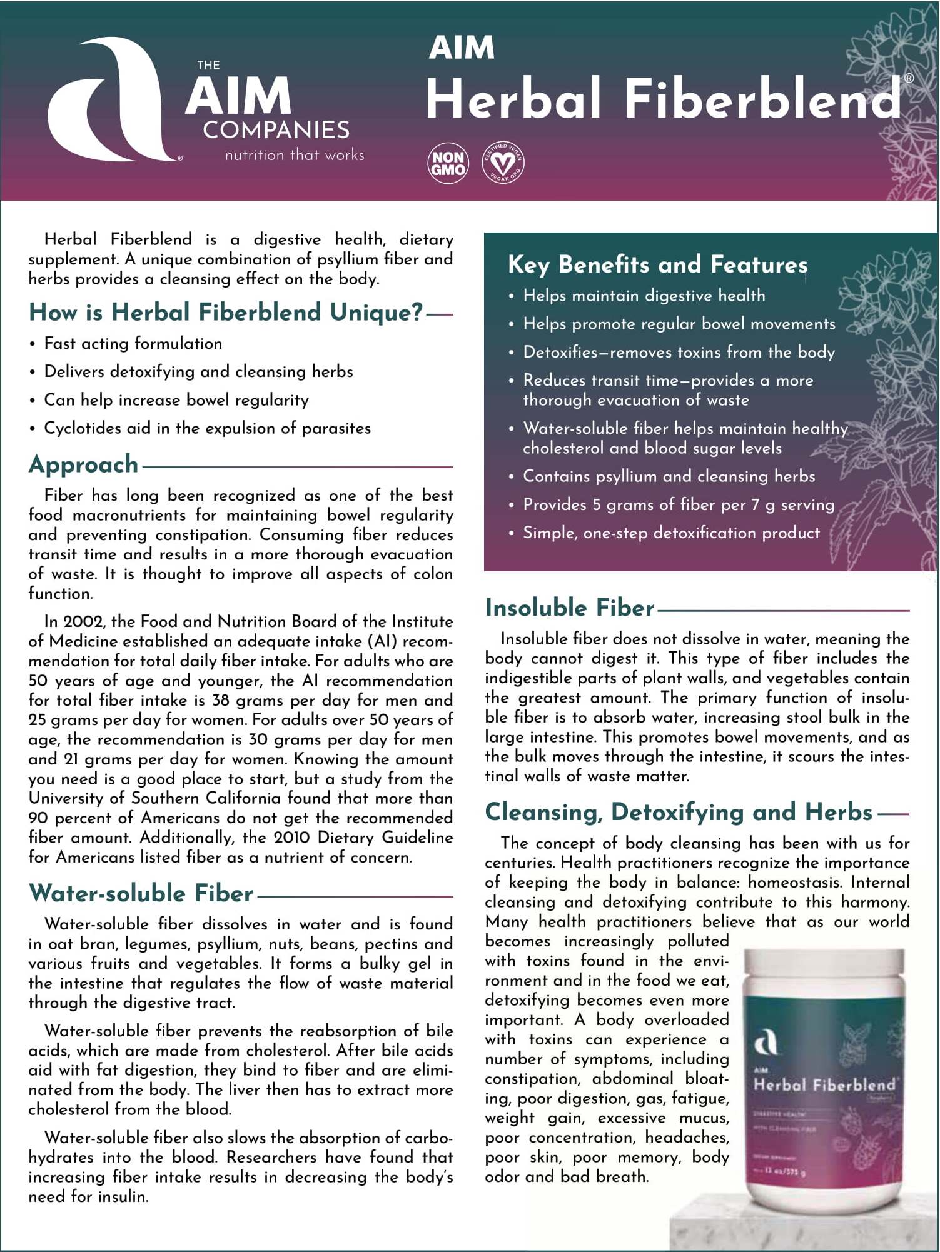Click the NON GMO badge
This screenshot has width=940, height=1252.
[448, 163]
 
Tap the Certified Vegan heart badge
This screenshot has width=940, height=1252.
[503, 163]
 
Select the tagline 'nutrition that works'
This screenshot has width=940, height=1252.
[295, 155]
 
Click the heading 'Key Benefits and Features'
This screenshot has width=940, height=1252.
[657, 264]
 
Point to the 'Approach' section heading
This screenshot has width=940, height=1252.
[83, 464]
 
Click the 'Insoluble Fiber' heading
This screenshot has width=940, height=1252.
[570, 608]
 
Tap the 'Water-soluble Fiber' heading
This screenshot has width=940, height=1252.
[141, 893]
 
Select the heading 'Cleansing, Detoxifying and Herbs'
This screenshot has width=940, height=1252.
[679, 812]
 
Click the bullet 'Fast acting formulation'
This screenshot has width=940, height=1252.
[133, 343]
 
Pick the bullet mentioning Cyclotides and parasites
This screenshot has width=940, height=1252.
[207, 428]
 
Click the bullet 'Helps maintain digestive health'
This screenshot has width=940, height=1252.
[644, 296]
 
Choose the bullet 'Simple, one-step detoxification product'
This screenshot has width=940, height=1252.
[670, 533]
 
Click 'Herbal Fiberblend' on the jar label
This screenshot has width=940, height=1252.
[824, 1084]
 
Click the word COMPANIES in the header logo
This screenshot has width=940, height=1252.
[276, 130]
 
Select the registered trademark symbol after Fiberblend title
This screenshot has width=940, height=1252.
[909, 78]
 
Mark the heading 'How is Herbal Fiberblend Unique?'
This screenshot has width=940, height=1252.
[226, 312]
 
